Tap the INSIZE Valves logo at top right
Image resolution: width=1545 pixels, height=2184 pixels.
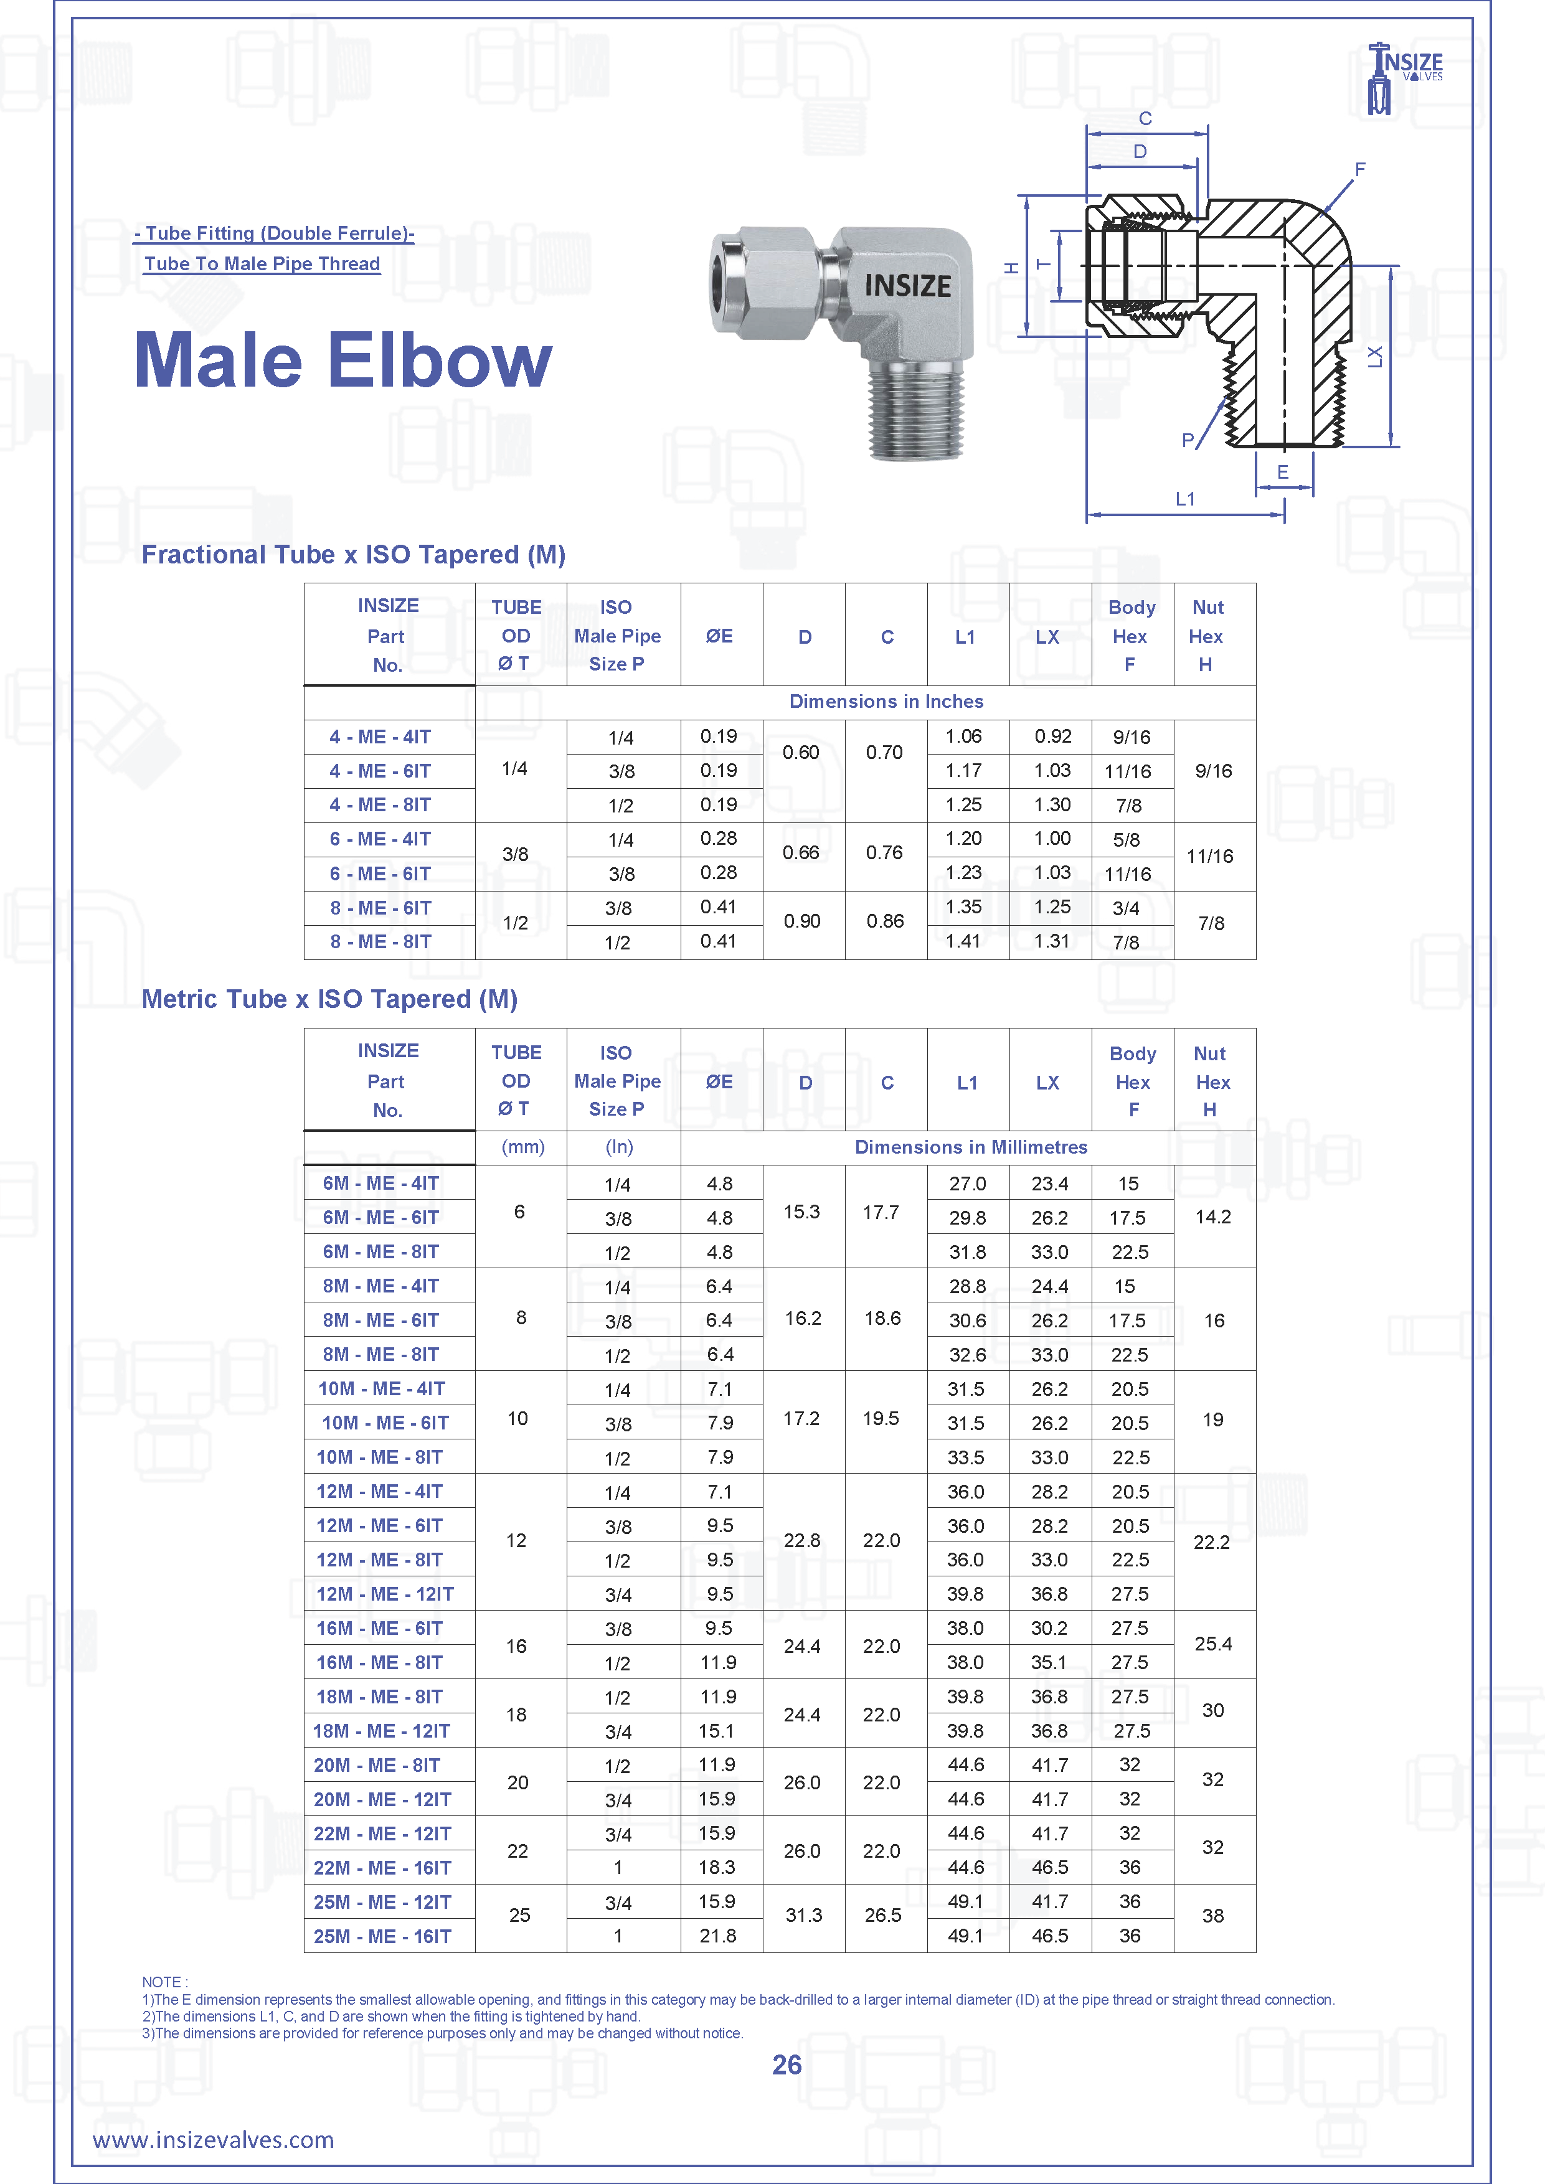(1406, 76)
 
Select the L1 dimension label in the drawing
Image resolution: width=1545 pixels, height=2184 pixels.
(1184, 499)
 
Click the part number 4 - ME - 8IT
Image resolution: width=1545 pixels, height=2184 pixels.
(380, 806)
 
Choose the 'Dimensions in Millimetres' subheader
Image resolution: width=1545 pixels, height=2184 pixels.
(970, 1147)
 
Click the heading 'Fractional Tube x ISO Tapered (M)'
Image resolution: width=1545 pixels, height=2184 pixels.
(353, 555)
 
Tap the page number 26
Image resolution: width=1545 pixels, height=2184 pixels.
(787, 2065)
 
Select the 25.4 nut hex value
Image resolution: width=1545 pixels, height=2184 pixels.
(1213, 1645)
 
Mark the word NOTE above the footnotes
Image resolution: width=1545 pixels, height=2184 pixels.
(164, 1982)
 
